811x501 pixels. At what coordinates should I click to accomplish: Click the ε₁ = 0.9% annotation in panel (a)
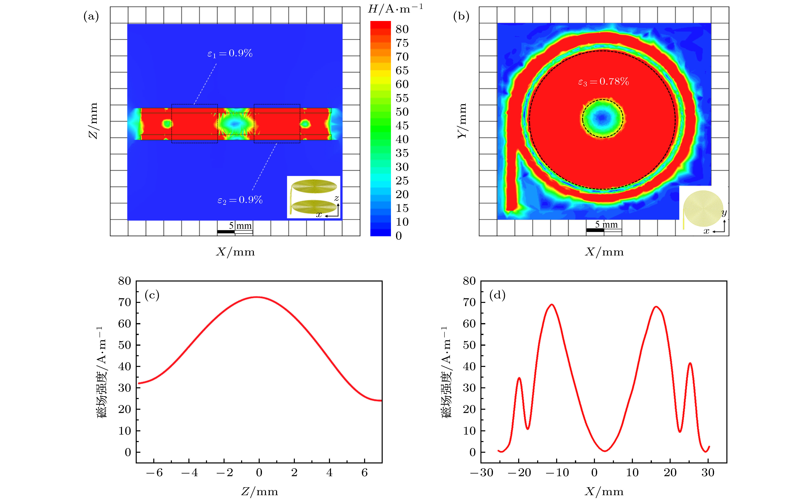pos(230,53)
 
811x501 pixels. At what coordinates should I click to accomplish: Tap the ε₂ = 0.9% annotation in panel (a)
pos(240,200)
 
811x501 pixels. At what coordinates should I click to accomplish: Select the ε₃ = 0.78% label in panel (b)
pos(603,82)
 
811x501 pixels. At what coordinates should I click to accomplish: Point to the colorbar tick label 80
pos(402,29)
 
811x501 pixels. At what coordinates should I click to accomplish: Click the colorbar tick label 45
pos(402,126)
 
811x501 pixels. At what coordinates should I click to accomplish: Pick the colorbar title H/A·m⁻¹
pos(395,9)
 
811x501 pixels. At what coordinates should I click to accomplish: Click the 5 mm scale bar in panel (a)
pos(235,229)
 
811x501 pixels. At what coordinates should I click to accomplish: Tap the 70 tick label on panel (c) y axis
pos(125,302)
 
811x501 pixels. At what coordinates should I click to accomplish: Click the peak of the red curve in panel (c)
pos(257,297)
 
